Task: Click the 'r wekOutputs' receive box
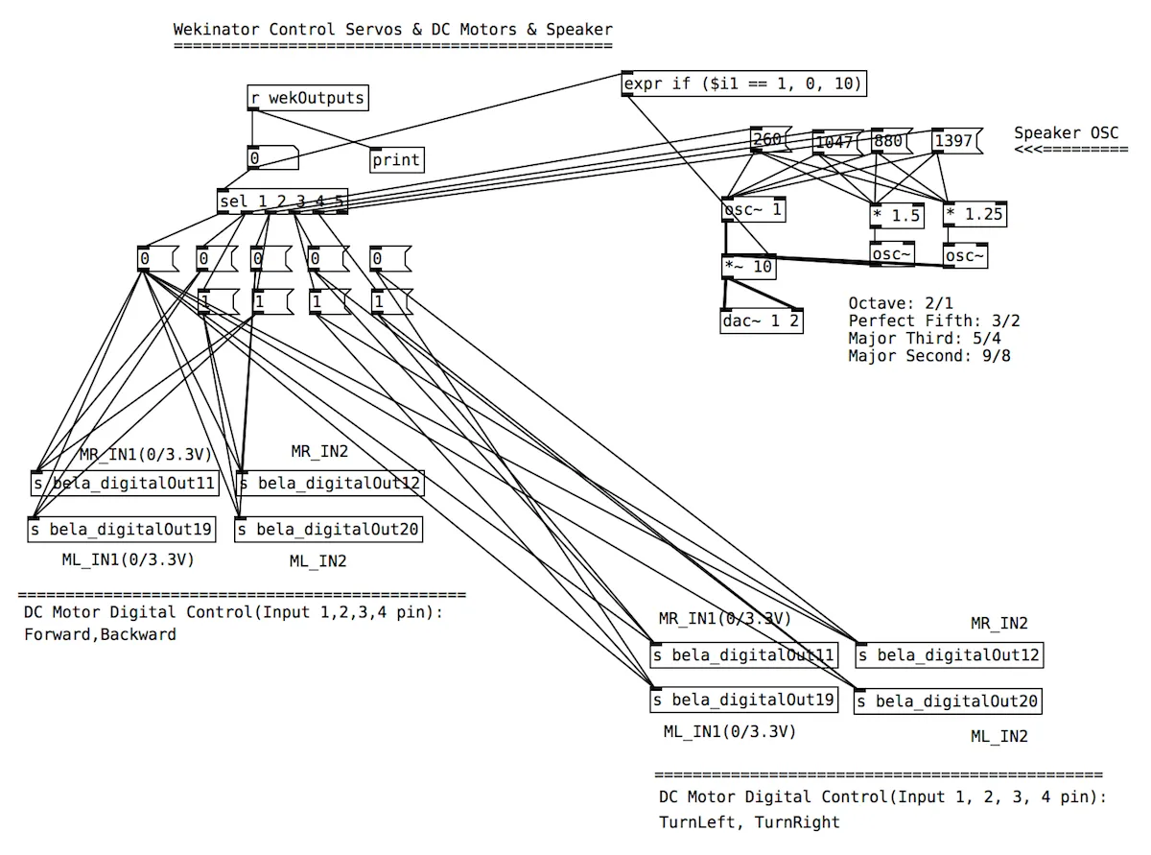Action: click(307, 98)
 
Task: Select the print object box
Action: click(396, 160)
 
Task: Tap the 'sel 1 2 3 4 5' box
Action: click(282, 202)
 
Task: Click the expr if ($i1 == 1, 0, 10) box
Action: click(744, 84)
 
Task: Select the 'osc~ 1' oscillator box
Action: click(753, 211)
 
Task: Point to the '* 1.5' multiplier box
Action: click(897, 215)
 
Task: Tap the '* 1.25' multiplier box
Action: click(975, 215)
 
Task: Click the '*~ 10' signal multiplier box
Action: click(748, 267)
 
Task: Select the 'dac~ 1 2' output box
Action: click(762, 321)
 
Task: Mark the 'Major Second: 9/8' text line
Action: click(929, 356)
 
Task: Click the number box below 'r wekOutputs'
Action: click(271, 158)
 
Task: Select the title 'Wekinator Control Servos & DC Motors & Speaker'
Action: click(392, 29)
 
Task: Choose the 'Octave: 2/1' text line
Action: click(901, 303)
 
